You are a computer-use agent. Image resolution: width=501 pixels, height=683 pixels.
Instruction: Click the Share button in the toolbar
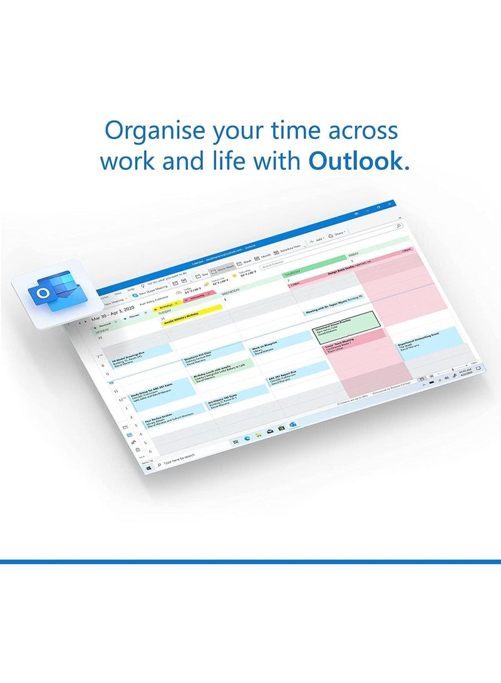338,233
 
